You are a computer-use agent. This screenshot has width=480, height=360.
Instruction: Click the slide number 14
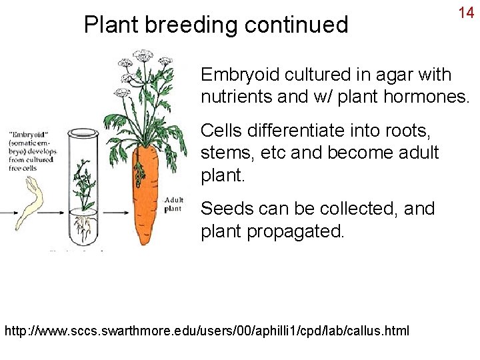[465, 13]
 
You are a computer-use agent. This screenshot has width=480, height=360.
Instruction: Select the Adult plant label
[173, 203]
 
